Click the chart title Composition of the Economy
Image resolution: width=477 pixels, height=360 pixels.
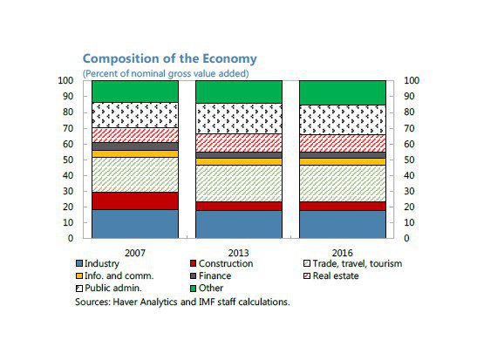tap(170, 58)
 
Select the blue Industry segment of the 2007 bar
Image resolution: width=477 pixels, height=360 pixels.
tap(135, 224)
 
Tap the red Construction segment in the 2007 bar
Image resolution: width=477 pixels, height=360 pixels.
tap(135, 201)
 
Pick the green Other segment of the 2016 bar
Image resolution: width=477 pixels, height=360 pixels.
tap(343, 92)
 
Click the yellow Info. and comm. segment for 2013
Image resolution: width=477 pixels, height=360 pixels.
tap(239, 162)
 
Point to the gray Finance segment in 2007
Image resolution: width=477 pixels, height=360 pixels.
tap(135, 146)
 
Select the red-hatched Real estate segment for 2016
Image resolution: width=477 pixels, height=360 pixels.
tap(343, 143)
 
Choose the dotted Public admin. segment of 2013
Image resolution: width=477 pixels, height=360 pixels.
tap(239, 119)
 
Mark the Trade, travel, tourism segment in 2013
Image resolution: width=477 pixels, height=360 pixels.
tap(239, 183)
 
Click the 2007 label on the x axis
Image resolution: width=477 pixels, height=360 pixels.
tap(135, 253)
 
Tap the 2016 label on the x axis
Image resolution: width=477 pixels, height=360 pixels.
tap(343, 253)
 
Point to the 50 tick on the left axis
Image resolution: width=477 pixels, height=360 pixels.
tap(68, 160)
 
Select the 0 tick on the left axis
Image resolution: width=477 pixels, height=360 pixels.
tap(71, 238)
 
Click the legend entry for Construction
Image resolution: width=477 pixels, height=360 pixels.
tap(221, 263)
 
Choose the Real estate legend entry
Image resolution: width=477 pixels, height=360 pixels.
tap(331, 275)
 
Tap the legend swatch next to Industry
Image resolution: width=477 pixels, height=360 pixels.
tap(79, 263)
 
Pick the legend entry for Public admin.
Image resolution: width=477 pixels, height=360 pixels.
tap(109, 288)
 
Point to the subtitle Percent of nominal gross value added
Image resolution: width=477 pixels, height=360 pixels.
tap(166, 73)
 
